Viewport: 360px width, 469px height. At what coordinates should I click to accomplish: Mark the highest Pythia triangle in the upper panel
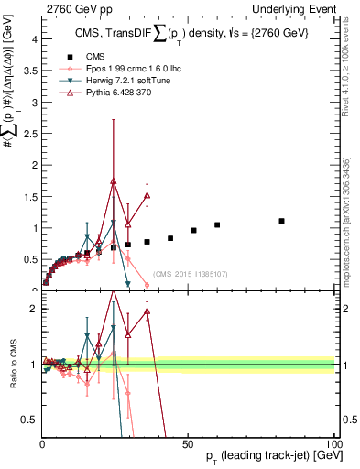tap(114, 181)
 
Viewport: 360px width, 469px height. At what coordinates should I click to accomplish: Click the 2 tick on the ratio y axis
tap(32, 309)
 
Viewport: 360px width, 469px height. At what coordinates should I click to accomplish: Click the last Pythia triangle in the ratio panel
tap(147, 312)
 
